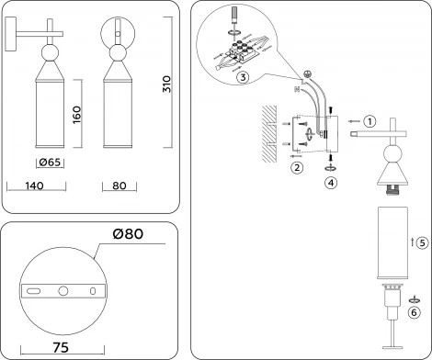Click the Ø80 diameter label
[x=131, y=235]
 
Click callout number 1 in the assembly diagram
[x=369, y=121]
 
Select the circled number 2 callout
[x=296, y=167]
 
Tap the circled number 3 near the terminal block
[x=241, y=78]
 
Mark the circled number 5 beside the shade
[x=420, y=243]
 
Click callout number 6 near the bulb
[x=415, y=311]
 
